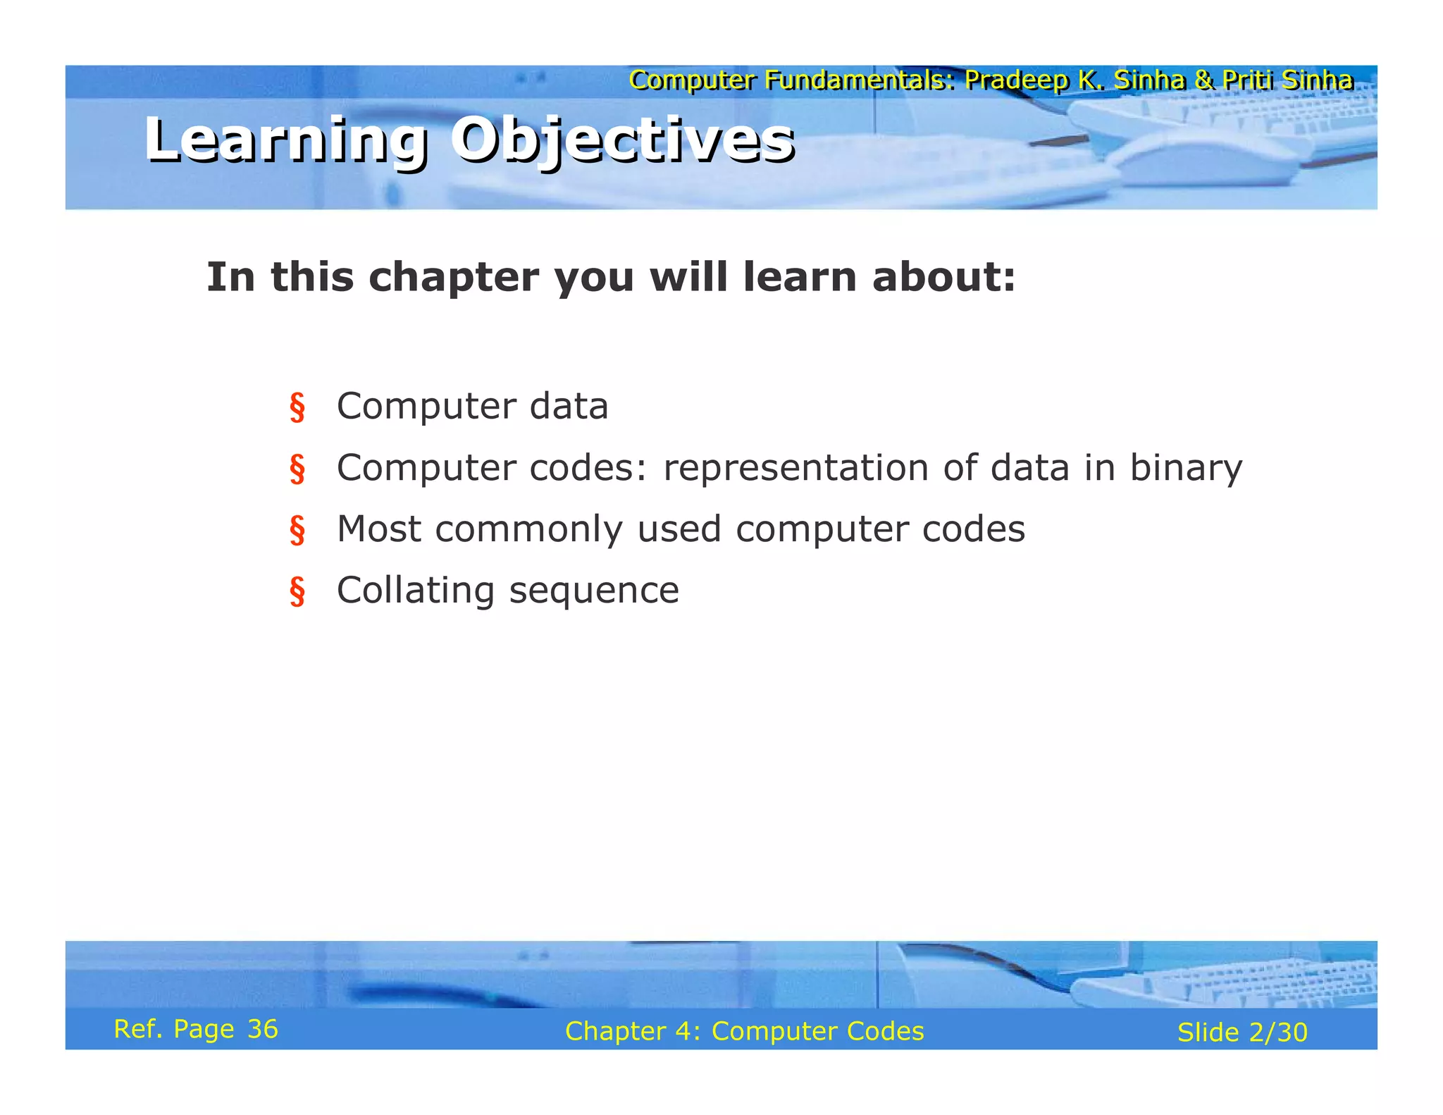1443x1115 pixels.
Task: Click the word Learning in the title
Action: [285, 140]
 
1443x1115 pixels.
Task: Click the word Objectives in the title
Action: [623, 140]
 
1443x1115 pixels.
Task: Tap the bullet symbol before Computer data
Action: [297, 408]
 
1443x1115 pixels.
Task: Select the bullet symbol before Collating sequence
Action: [297, 591]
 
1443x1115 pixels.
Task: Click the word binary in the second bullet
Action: [1186, 469]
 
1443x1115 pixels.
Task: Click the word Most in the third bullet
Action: [379, 529]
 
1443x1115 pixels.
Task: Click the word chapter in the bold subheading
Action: [454, 277]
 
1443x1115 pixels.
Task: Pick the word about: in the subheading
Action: [943, 277]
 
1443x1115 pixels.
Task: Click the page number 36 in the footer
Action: [263, 1030]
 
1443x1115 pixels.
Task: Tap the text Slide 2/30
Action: [1242, 1033]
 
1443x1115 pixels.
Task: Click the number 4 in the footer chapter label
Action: [682, 1031]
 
